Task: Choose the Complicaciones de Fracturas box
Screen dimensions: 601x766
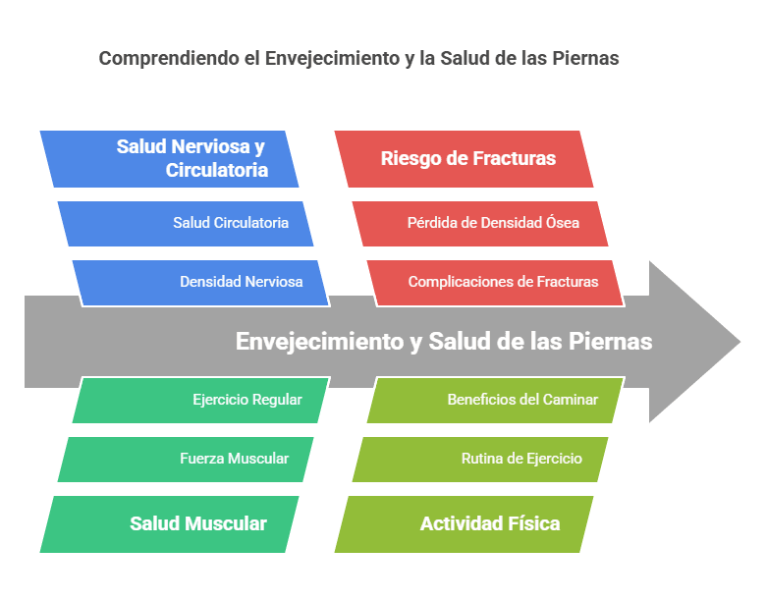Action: tap(503, 282)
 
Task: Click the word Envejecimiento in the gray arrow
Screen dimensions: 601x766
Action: tap(318, 342)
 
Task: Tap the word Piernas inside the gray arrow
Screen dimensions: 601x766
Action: tap(615, 342)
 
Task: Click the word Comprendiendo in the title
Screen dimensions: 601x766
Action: tap(169, 59)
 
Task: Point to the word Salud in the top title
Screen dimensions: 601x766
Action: tap(455, 59)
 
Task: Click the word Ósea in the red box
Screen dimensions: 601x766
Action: tap(562, 223)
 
